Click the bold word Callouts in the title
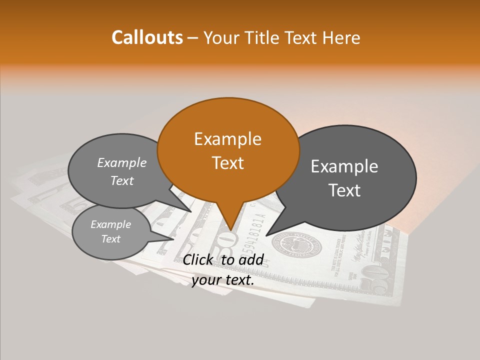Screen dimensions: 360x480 click(147, 37)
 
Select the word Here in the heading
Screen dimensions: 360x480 click(340, 37)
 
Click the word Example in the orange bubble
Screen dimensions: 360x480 click(227, 139)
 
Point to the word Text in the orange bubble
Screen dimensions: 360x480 click(227, 163)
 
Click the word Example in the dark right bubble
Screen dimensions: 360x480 click(344, 166)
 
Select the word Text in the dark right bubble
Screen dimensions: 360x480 click(345, 190)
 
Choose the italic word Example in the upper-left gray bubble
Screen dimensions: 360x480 click(122, 162)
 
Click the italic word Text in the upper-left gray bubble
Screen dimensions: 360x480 click(122, 180)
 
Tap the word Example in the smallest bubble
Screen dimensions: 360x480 click(110, 224)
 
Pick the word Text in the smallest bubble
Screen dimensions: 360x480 click(110, 239)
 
